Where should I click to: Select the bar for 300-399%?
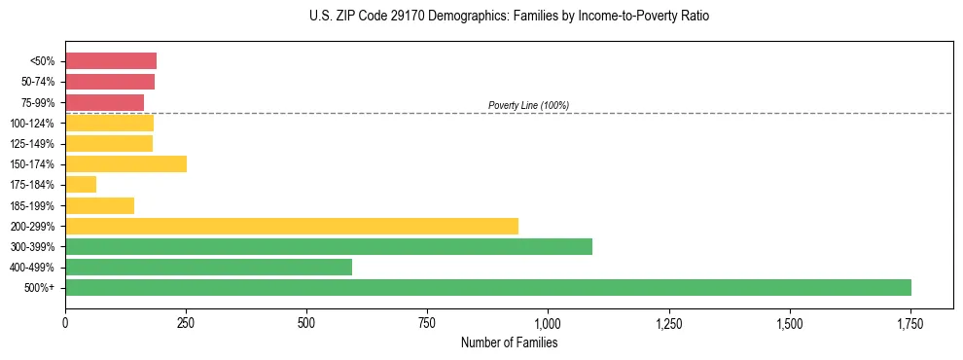point(329,246)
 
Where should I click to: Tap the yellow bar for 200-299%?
point(292,226)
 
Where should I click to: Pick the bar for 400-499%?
point(208,267)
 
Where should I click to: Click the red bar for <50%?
point(111,61)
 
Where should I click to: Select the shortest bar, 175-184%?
point(81,184)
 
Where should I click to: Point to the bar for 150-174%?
point(125,163)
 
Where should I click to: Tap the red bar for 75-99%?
point(104,102)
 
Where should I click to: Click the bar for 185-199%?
point(99,205)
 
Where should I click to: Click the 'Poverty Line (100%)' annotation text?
point(528,105)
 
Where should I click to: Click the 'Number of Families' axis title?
point(509,342)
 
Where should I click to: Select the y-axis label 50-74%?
point(39,82)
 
